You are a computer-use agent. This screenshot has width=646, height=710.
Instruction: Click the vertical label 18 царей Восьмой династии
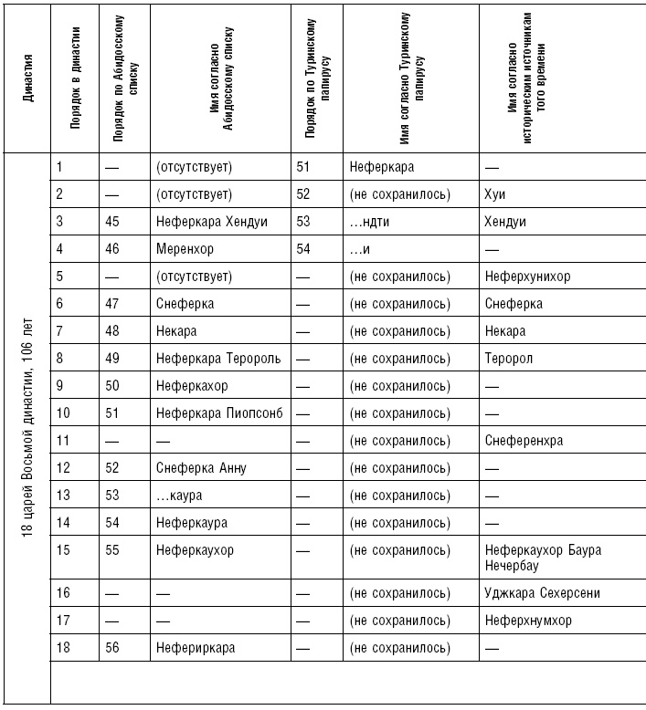tap(28, 429)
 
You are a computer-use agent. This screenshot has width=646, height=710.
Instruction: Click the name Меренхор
tap(185, 248)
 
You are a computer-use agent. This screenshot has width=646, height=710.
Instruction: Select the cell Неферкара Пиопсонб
tap(219, 413)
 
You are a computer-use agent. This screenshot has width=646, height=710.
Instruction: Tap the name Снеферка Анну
tap(201, 468)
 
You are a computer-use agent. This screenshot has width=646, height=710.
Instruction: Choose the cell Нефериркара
tap(196, 648)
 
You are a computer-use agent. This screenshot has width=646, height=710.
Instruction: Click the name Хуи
tap(495, 193)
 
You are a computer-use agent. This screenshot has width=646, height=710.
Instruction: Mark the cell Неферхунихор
tap(528, 276)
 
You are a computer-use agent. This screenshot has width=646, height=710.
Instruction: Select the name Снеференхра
tap(524, 441)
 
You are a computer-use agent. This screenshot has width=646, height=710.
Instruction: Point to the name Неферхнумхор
tap(528, 621)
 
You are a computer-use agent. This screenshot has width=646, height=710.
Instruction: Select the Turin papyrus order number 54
tap(304, 248)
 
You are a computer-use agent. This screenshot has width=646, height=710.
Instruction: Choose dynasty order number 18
tap(63, 648)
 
